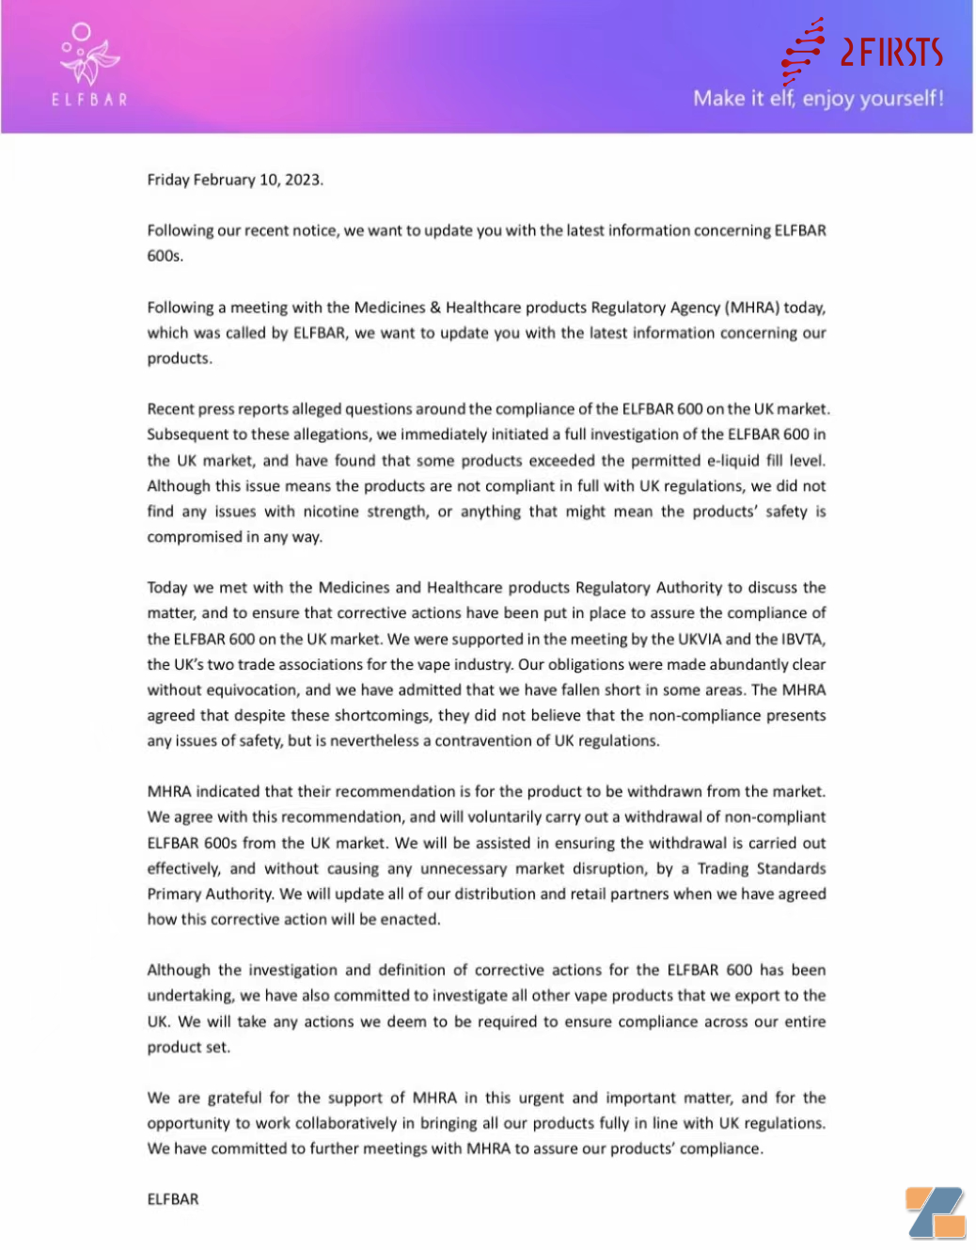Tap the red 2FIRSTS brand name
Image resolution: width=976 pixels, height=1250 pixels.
pyautogui.click(x=890, y=52)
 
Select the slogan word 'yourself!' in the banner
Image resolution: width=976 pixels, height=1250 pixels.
pyautogui.click(x=899, y=99)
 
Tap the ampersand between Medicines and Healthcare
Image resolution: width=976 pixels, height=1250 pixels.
pyautogui.click(x=435, y=308)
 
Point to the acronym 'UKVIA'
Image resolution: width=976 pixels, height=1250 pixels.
pyautogui.click(x=700, y=640)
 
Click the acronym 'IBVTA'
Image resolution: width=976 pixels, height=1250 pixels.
pyautogui.click(x=802, y=640)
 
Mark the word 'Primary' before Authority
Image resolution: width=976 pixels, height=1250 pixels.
pyautogui.click(x=173, y=894)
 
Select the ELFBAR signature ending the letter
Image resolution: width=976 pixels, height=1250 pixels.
pyautogui.click(x=173, y=1199)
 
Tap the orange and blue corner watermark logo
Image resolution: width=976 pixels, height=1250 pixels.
pyautogui.click(x=936, y=1212)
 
